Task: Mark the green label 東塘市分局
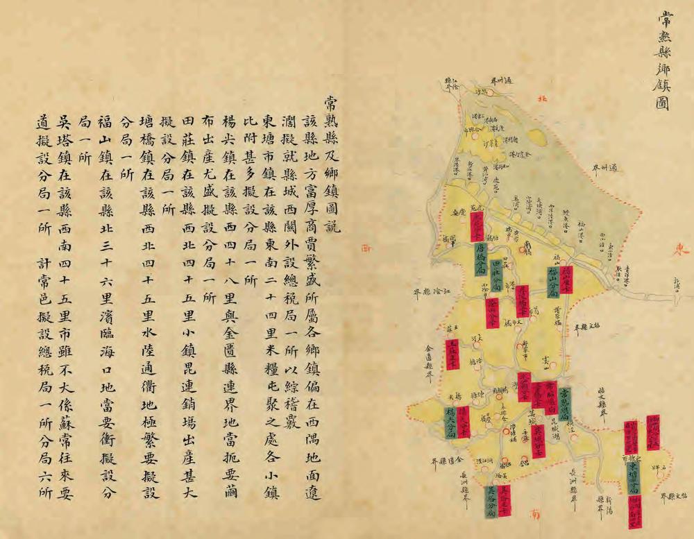coord(633,479)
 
